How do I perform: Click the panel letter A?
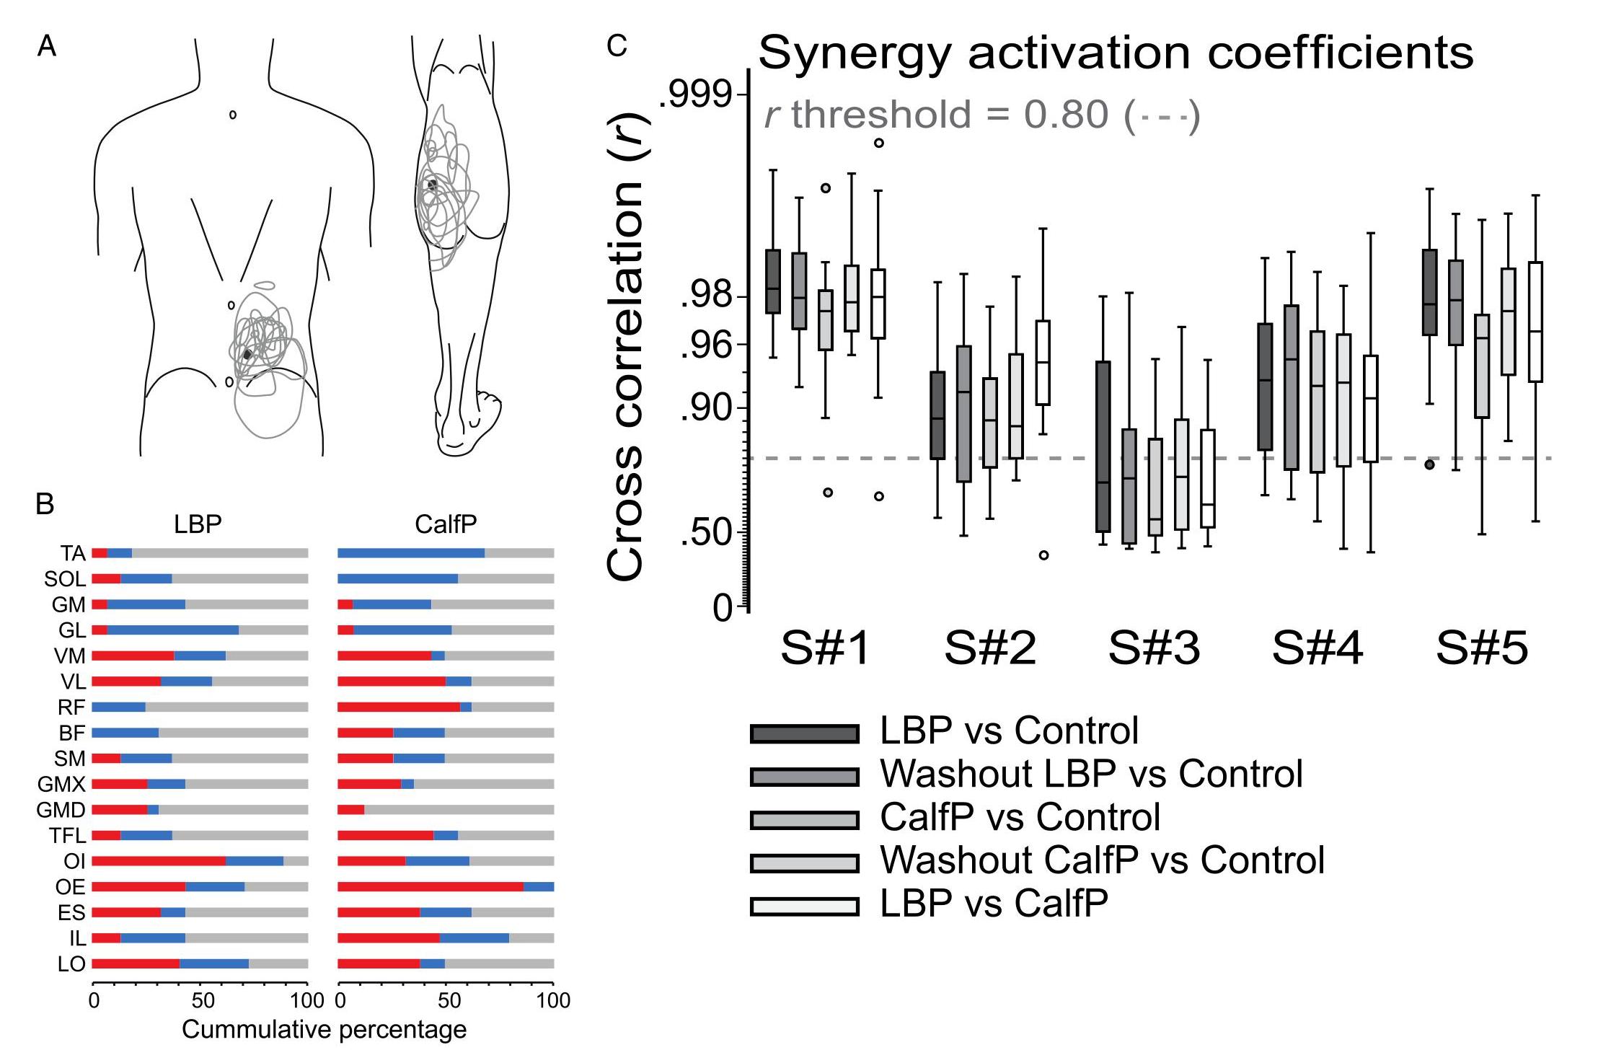tap(47, 47)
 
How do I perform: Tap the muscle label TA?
tap(73, 553)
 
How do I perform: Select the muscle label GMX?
tap(62, 784)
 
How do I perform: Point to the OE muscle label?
tap(70, 887)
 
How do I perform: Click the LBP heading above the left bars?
tap(198, 524)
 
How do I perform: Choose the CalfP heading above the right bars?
tap(446, 524)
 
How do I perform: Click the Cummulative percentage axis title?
tap(324, 1030)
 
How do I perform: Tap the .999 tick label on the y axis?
tap(696, 94)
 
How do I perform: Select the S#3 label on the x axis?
tap(1154, 648)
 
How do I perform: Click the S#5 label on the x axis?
tap(1482, 648)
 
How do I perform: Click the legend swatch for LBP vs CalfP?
tap(805, 906)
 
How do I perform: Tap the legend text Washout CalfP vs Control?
tap(1102, 860)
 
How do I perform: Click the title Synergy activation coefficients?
tap(1116, 53)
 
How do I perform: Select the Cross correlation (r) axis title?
tap(624, 346)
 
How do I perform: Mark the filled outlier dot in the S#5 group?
tap(1429, 464)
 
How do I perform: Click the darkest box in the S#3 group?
tap(1103, 446)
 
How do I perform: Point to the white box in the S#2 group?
tap(1043, 363)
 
